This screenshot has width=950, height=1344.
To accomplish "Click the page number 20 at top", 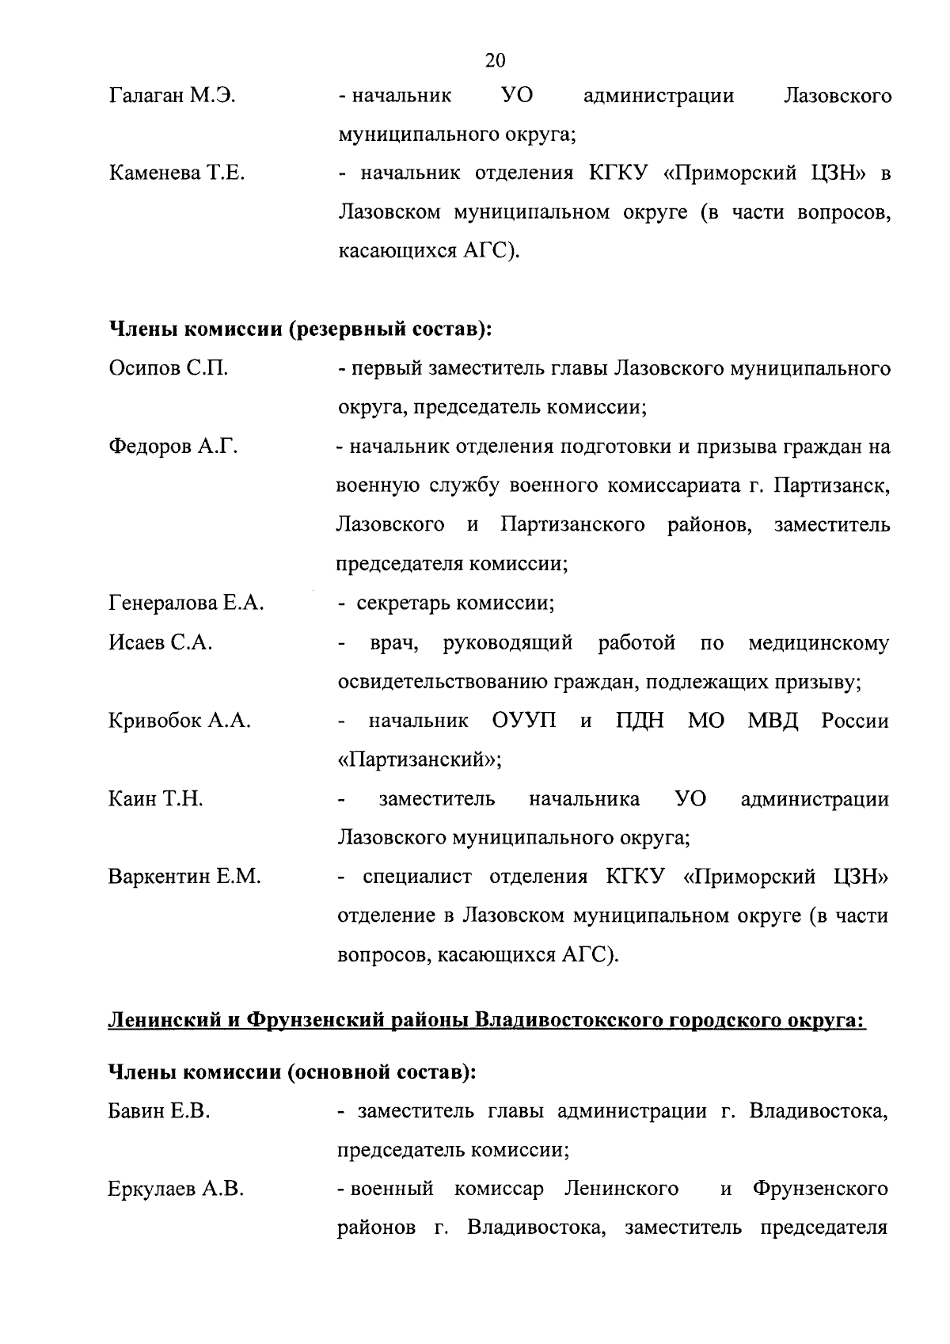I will pos(495,60).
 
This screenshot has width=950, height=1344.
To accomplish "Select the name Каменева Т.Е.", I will pos(177,174).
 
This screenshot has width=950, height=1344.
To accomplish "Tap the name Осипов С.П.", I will pos(168,369).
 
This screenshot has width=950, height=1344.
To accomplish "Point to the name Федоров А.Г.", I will pos(173,447).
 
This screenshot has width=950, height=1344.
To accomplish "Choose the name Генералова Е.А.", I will pos(186,603).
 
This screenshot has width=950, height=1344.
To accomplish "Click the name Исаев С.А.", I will pos(161,643).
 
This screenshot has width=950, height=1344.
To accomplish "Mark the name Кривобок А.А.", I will pos(180,721).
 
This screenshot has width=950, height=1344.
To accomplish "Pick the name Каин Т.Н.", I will pos(156,799).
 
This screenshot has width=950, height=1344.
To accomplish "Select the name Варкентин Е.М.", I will pos(184,878).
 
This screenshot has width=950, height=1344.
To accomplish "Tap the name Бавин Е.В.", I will pos(158,1112).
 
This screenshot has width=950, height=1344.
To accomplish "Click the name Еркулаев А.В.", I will pos(176,1190).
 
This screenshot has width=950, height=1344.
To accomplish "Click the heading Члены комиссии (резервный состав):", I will pos(300,329).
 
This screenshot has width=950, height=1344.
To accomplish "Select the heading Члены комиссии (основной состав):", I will pos(291,1072).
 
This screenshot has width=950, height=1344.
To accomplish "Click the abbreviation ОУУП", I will pos(524,721).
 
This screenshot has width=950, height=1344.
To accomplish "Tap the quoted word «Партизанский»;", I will pos(420,760).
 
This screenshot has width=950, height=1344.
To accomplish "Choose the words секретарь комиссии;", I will pos(455,603).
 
